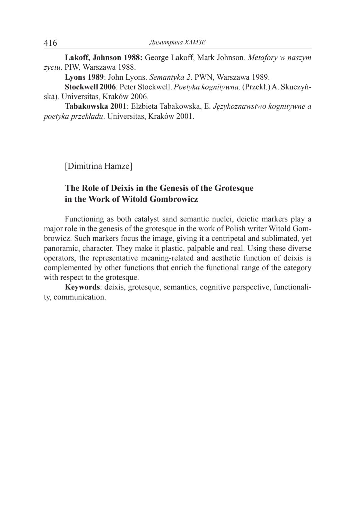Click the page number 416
point(50,43)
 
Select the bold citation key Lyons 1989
point(84,77)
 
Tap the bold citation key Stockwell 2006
point(90,87)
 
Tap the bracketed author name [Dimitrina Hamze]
point(98,166)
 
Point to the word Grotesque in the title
point(234,188)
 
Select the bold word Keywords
point(82,287)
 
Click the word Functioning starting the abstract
point(84,219)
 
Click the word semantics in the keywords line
point(180,287)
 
